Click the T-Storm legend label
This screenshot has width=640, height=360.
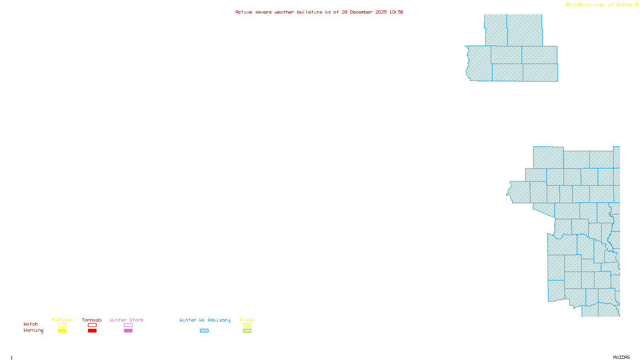click(x=62, y=320)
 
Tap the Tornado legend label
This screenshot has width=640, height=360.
click(x=92, y=320)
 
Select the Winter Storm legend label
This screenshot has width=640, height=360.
click(x=126, y=320)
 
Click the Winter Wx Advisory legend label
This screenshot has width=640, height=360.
click(x=205, y=320)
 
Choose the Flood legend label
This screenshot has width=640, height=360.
click(x=247, y=320)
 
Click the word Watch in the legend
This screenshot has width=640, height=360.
click(x=31, y=324)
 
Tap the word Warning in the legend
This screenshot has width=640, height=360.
click(x=34, y=330)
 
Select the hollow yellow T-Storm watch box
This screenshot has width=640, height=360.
click(x=62, y=325)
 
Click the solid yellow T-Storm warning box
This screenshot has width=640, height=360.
click(x=62, y=331)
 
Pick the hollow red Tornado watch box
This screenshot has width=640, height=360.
click(x=92, y=325)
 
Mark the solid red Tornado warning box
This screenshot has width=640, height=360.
click(x=92, y=331)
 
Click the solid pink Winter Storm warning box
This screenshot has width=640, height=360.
click(x=128, y=331)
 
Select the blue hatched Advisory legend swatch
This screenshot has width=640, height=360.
click(x=204, y=331)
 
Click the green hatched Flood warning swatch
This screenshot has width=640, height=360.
click(x=247, y=331)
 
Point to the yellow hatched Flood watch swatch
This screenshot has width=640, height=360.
click(x=247, y=325)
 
